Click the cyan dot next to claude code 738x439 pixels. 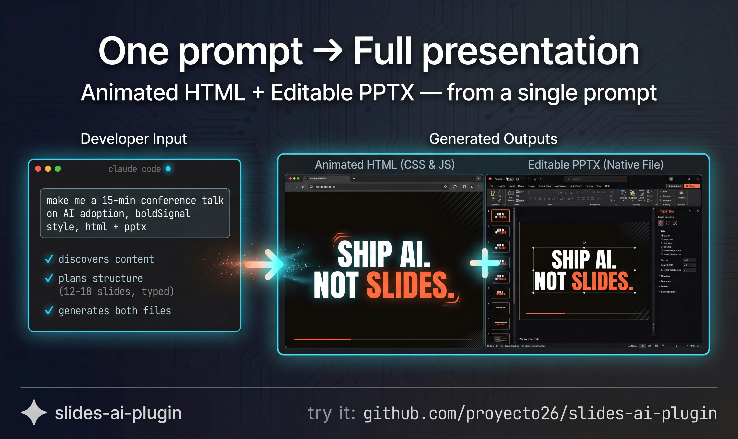pos(168,169)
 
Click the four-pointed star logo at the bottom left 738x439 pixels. pos(34,412)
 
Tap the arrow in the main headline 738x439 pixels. pos(328,51)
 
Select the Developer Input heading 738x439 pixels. pos(134,139)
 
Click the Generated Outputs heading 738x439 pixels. pos(493,139)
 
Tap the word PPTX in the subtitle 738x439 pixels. pos(386,93)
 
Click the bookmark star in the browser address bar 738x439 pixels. pos(445,187)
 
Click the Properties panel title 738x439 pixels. pos(666,211)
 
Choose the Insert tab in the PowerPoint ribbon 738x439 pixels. pos(511,186)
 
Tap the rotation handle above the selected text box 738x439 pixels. pos(584,242)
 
